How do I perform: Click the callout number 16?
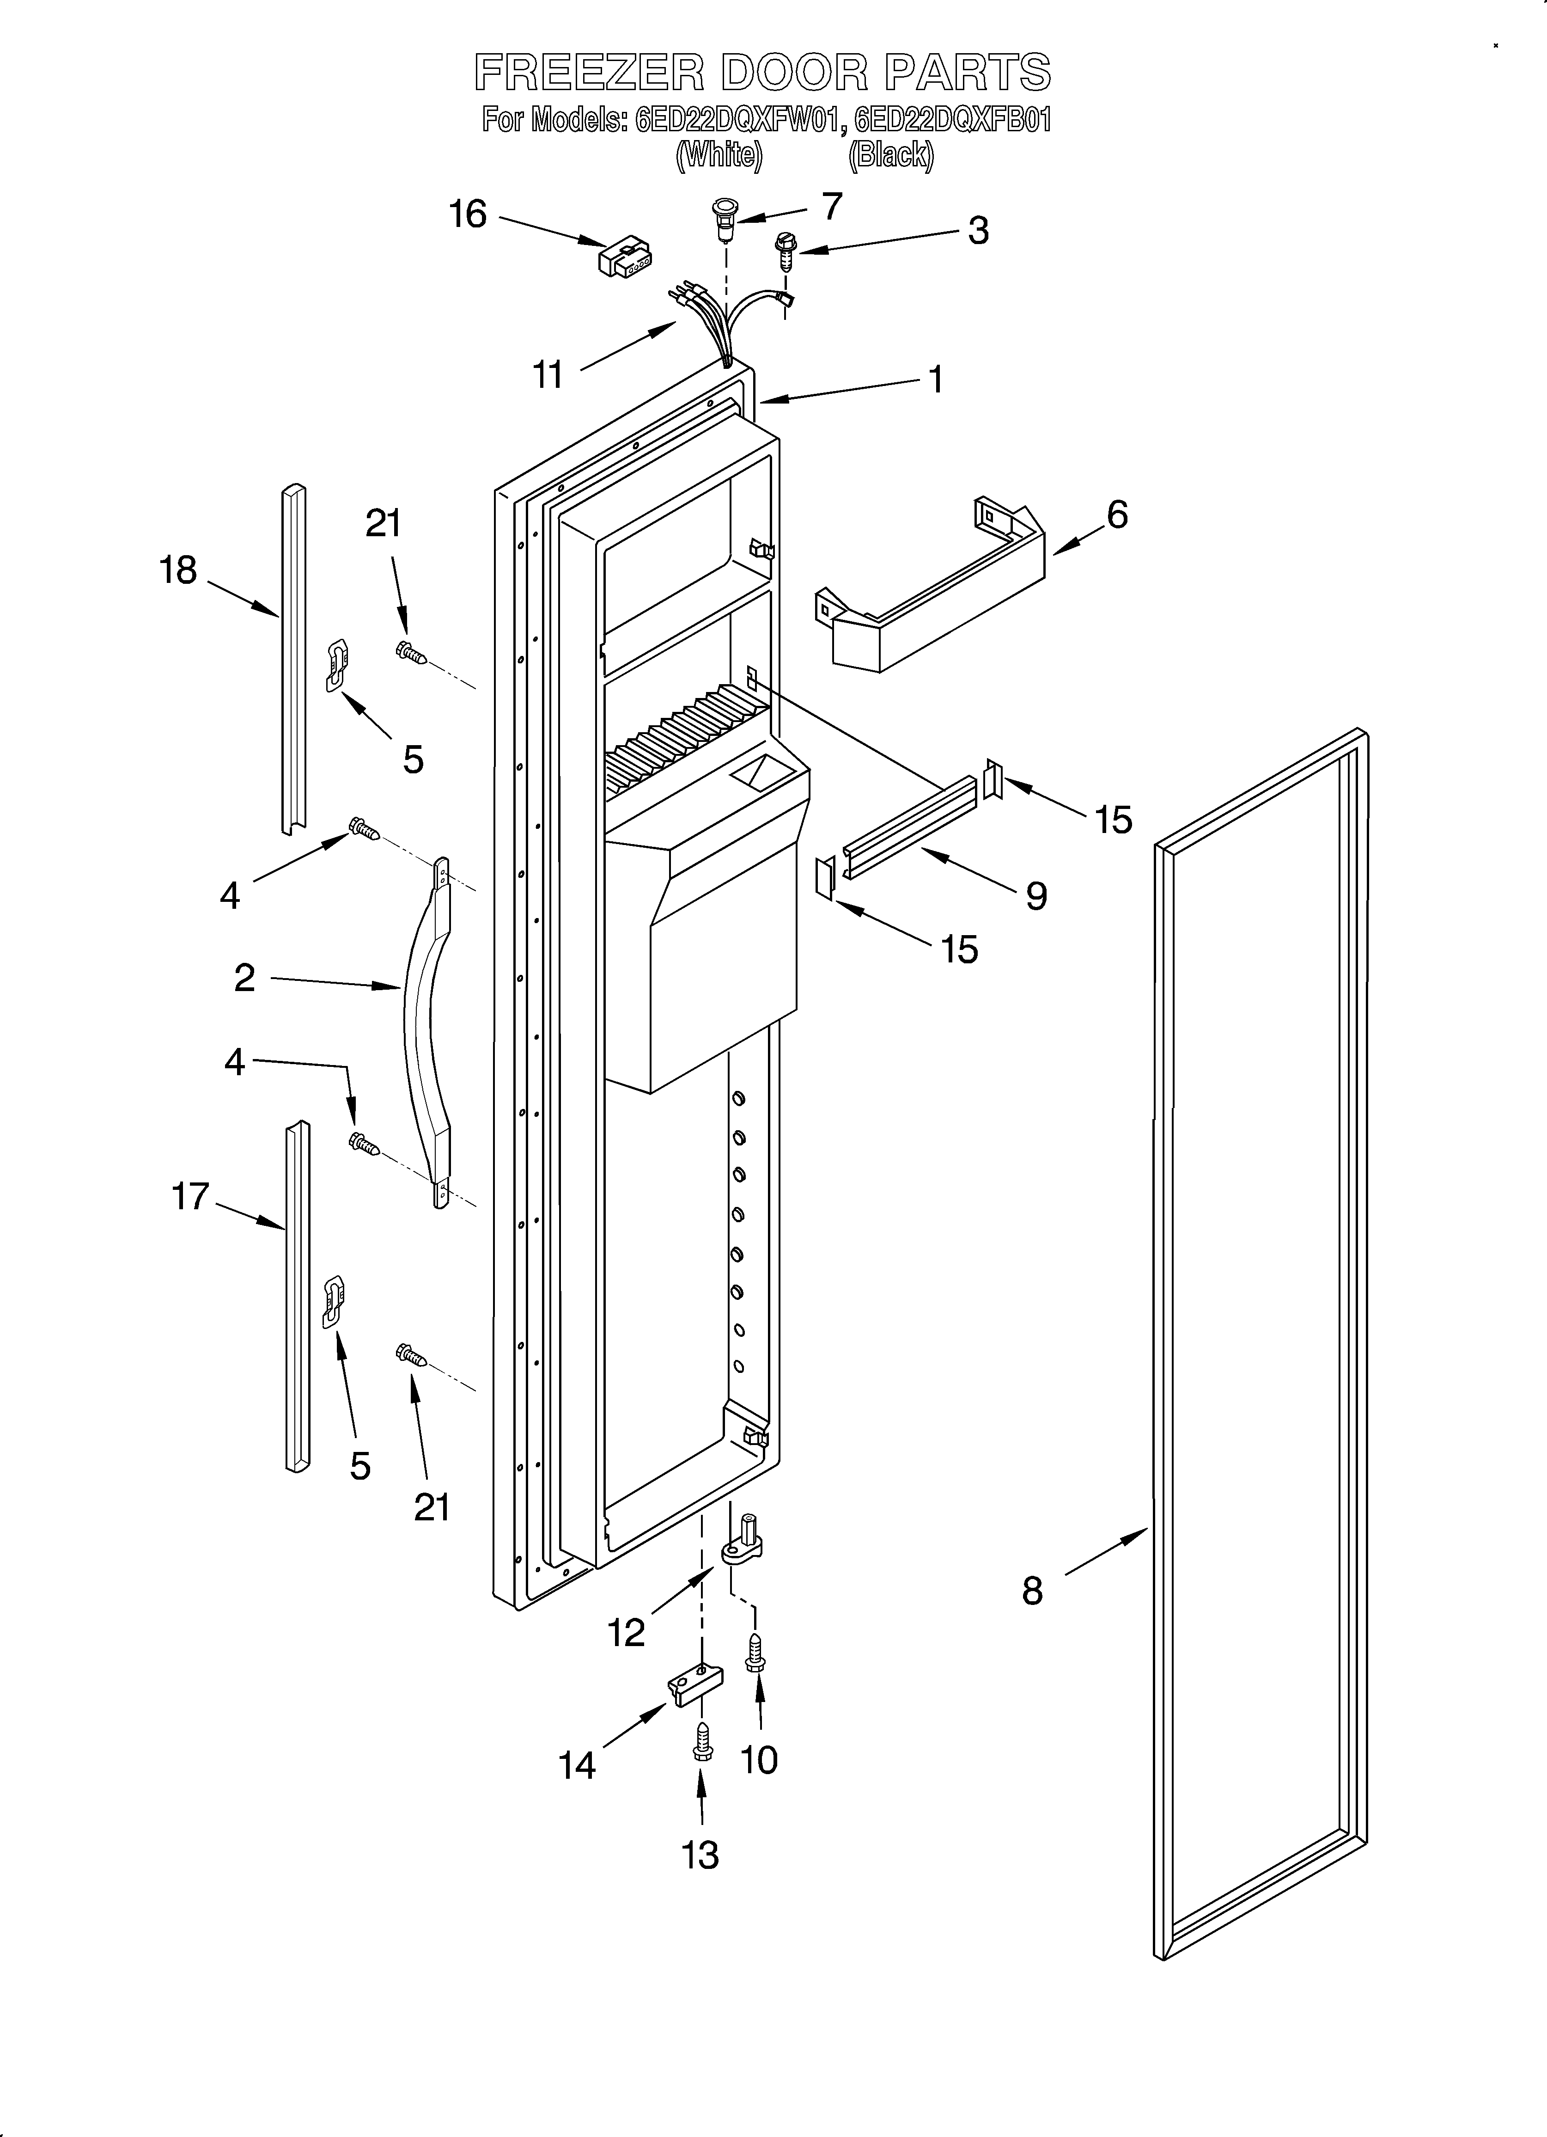coord(467,215)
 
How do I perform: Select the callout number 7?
coord(831,206)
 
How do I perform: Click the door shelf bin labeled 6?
coord(928,594)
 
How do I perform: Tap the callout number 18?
coord(179,570)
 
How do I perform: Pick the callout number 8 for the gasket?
coord(1033,1591)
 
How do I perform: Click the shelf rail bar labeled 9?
coord(909,827)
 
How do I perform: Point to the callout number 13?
coord(700,1854)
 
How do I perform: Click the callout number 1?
coord(935,380)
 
